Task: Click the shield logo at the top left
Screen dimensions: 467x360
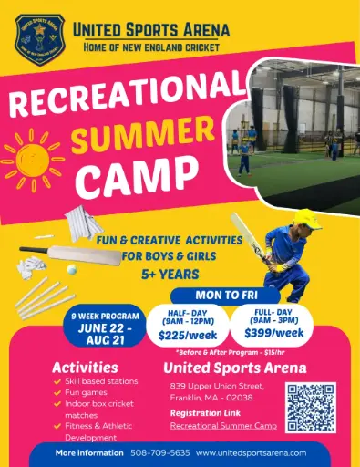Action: click(39, 36)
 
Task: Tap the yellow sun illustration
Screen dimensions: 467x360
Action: click(32, 156)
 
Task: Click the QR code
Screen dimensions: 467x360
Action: click(310, 406)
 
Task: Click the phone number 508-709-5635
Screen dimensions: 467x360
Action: click(161, 452)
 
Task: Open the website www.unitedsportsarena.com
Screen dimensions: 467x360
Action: click(251, 452)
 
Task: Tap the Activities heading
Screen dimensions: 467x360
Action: click(85, 367)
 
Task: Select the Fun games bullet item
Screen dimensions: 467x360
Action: click(86, 392)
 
